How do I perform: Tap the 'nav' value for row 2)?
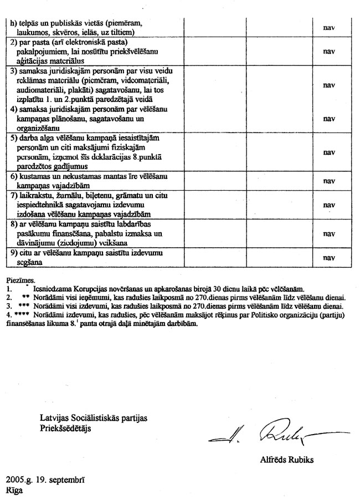coord(329,50)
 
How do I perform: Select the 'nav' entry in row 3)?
coord(329,85)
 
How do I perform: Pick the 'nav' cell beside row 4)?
coord(329,118)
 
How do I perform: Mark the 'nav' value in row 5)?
coord(329,152)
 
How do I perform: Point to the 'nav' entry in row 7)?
coord(329,204)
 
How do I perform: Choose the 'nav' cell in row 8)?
coord(329,233)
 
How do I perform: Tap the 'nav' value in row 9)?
coord(329,258)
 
